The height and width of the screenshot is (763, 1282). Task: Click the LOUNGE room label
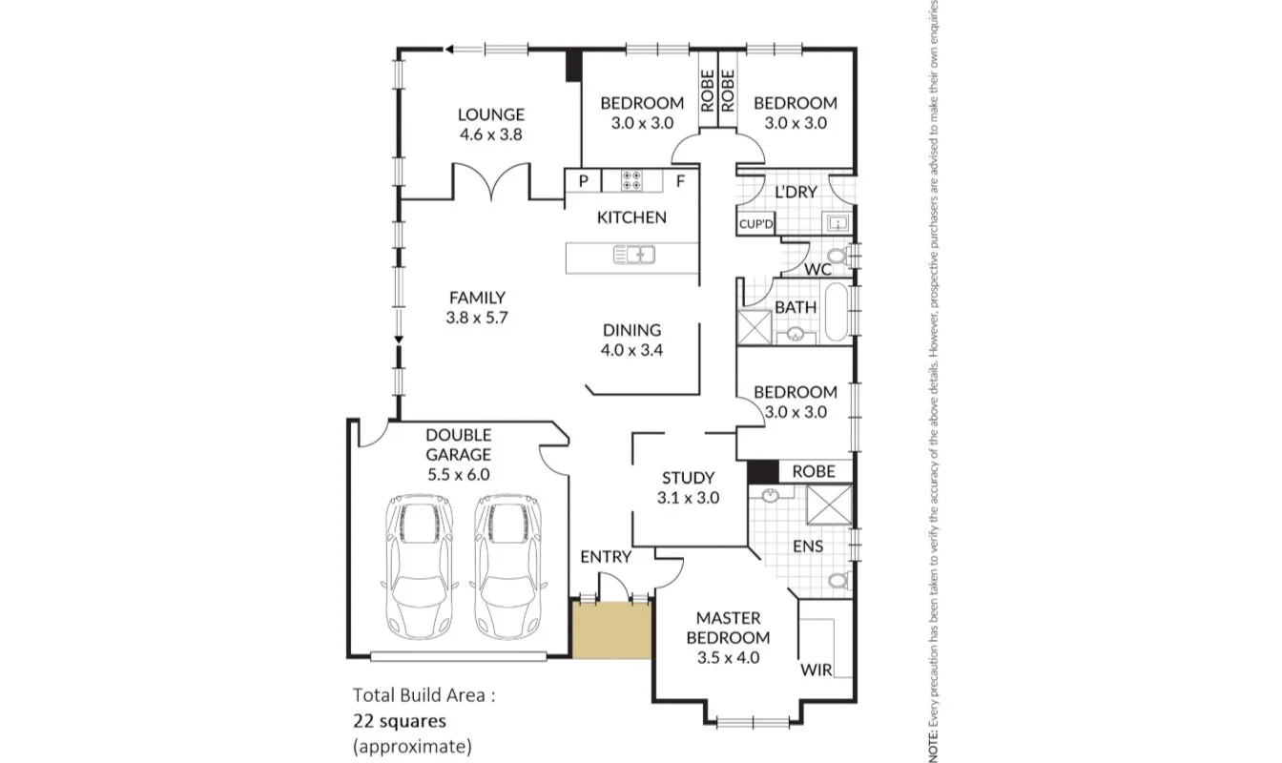(x=491, y=115)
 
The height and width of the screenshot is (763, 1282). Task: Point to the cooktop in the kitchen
(x=631, y=180)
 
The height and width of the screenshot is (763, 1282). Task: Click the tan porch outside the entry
(x=611, y=630)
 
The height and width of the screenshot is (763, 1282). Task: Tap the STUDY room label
(x=688, y=478)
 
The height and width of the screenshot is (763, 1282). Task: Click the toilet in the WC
(x=837, y=256)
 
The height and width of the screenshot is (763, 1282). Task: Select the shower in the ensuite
(x=829, y=505)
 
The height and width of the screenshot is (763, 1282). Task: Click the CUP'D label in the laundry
(x=756, y=225)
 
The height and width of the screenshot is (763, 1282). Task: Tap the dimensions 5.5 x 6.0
(x=459, y=474)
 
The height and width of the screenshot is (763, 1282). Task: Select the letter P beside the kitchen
(x=583, y=180)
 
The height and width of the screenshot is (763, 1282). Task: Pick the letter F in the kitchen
(x=680, y=180)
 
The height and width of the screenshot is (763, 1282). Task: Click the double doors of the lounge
(x=491, y=181)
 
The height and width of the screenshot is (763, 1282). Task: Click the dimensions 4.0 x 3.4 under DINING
(x=631, y=350)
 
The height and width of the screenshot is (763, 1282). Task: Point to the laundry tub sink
(x=837, y=224)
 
